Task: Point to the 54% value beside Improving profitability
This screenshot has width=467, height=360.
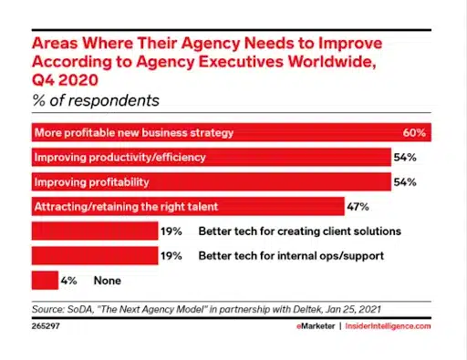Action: pos(405,182)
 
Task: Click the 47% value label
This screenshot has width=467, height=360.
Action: pos(357,207)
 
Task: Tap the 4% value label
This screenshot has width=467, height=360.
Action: pos(69,281)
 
